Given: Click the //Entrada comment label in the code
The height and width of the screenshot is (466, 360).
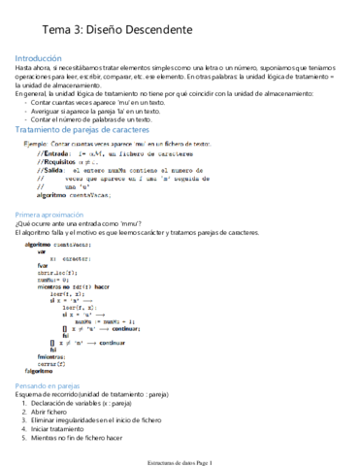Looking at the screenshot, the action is [x=53, y=152].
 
